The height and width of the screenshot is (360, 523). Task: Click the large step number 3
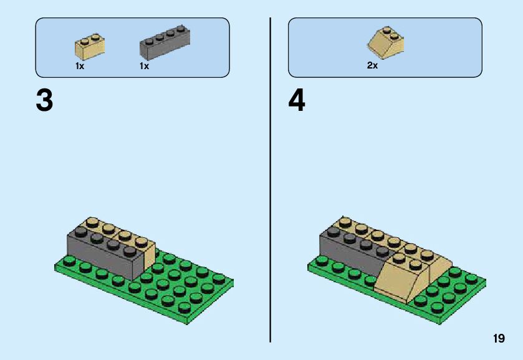pos(44,101)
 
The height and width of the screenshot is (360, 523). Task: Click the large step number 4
pos(297,101)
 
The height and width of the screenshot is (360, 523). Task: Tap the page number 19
pos(498,339)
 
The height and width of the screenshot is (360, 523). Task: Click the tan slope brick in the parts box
pos(385,42)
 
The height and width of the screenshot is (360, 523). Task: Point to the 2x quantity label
pos(372,65)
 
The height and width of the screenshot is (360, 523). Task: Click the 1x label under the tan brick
pos(80,66)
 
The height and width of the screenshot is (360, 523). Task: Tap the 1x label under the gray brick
pos(144,66)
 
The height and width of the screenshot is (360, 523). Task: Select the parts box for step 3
pos(132,47)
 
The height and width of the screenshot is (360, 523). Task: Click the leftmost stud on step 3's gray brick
pos(80,232)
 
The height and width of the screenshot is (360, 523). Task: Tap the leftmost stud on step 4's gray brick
pos(332,231)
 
